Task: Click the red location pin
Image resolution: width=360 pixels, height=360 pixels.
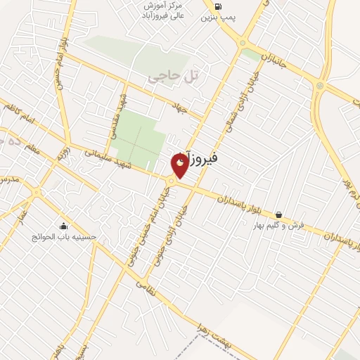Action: click(x=180, y=165)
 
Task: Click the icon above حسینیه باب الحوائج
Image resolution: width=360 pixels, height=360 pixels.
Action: click(x=64, y=226)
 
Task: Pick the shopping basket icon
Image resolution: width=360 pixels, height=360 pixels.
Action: click(x=279, y=214)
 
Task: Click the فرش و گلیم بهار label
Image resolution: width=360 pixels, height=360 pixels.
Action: click(x=279, y=226)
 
